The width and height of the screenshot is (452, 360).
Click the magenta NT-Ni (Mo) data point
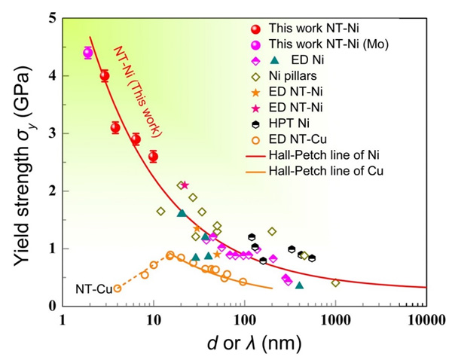pos(87,53)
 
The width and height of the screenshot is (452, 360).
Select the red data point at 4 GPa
pos(105,75)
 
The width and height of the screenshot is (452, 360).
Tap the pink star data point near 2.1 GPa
pos(185,185)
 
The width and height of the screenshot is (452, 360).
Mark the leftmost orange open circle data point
pos(117,288)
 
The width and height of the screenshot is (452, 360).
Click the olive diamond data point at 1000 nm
pos(335,282)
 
